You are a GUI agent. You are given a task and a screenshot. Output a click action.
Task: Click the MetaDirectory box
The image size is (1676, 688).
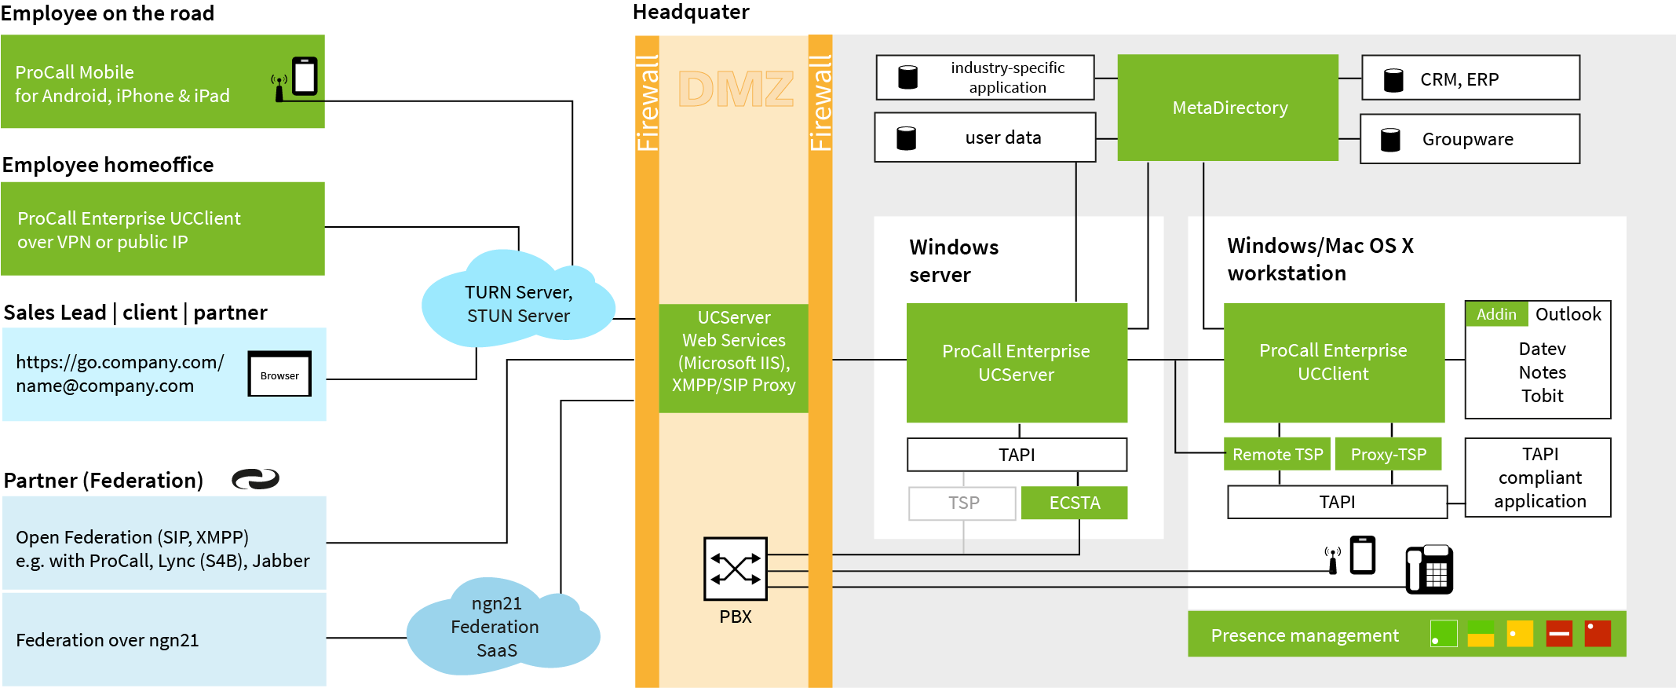(1228, 108)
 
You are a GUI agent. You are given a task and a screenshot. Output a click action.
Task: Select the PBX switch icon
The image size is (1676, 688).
(735, 569)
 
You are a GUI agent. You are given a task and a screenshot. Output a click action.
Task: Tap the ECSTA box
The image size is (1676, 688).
(1075, 503)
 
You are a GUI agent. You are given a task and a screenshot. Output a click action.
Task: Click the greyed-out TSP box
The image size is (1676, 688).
(962, 503)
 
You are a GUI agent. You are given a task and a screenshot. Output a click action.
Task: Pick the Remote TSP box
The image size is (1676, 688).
(1277, 454)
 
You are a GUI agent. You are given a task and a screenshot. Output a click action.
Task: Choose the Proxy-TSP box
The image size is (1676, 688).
(1388, 454)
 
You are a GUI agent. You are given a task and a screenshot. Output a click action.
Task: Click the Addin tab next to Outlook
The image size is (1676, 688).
(1496, 314)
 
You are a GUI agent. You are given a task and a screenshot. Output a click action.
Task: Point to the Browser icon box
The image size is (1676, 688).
(279, 374)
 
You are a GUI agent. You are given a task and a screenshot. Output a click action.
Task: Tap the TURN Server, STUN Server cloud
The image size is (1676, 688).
(518, 303)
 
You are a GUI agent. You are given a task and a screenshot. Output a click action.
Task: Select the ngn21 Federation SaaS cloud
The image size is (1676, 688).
(496, 627)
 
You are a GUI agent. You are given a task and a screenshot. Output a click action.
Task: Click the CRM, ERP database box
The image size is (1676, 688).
(1470, 78)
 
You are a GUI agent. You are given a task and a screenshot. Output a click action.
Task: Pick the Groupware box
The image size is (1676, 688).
(1470, 139)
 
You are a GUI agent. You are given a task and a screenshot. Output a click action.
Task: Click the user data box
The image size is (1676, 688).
(985, 137)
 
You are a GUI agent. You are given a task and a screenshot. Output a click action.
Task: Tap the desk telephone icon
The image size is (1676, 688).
(1429, 569)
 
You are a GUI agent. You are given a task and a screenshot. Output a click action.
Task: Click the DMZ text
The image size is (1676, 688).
(735, 89)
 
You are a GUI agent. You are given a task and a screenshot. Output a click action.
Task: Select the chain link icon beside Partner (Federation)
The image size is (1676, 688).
(255, 479)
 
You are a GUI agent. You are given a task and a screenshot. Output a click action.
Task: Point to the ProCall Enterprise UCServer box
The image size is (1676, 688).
(1017, 363)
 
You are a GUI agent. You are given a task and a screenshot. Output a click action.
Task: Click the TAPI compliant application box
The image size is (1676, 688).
(1538, 478)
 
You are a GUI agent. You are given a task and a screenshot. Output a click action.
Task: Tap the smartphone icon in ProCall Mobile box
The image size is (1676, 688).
(305, 76)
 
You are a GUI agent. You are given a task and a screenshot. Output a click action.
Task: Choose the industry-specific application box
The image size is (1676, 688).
(985, 78)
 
